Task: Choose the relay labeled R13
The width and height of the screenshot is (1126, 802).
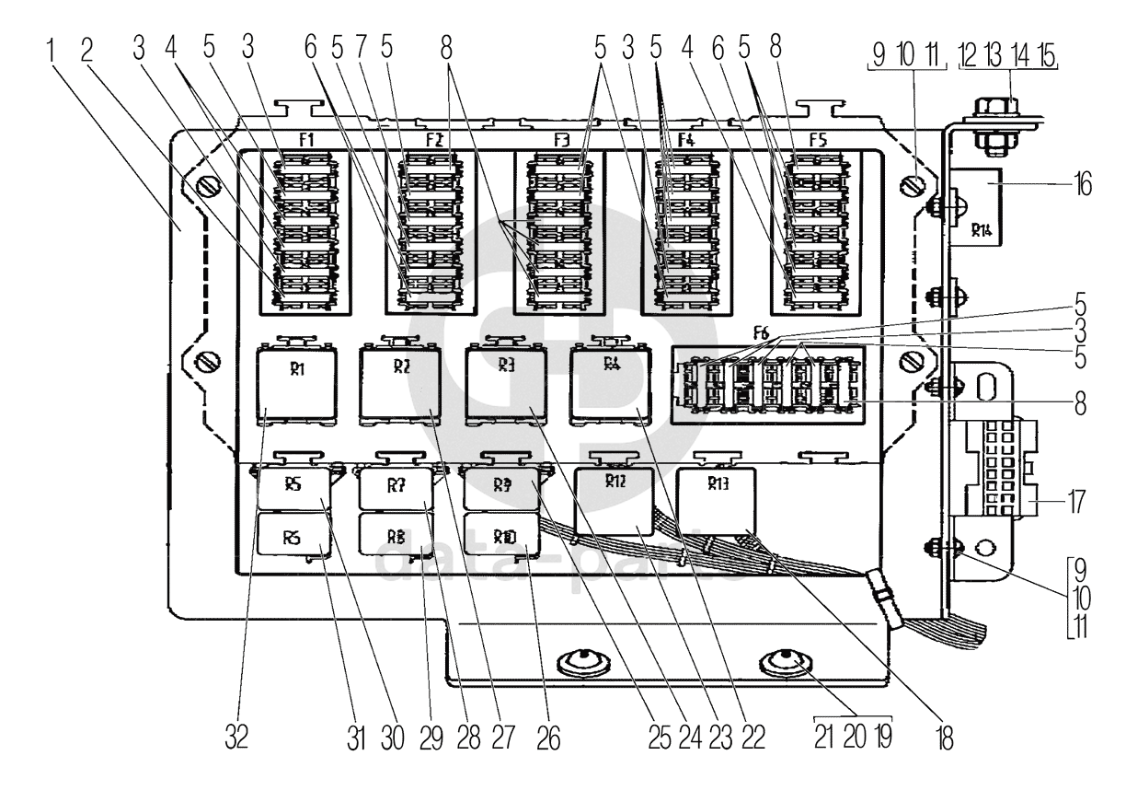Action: (x=717, y=502)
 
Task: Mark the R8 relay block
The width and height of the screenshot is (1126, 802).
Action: (x=397, y=534)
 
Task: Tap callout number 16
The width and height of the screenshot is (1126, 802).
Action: (x=1083, y=185)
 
